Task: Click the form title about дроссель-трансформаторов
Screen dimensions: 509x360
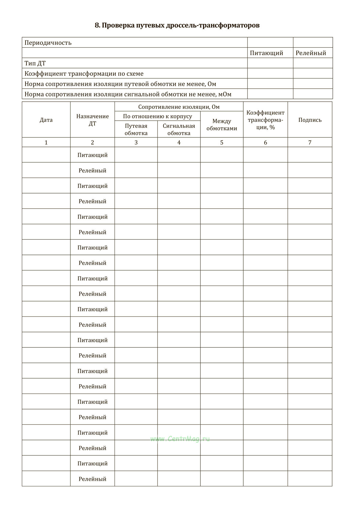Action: click(177, 25)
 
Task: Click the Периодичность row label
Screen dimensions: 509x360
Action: click(48, 43)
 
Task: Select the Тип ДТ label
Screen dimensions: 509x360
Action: click(35, 63)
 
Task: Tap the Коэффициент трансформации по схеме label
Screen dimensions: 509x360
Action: click(84, 73)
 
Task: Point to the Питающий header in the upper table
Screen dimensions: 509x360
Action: click(266, 53)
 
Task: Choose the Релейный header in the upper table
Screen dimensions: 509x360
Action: click(311, 53)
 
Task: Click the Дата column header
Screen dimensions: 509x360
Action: click(46, 120)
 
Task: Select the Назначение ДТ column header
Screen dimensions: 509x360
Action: click(92, 120)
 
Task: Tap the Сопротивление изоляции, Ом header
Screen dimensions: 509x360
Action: click(179, 107)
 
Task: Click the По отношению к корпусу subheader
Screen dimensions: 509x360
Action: click(157, 116)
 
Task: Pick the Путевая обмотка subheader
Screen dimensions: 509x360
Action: click(136, 129)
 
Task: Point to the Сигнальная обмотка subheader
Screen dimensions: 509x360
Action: click(179, 129)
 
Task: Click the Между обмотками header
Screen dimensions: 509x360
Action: click(222, 125)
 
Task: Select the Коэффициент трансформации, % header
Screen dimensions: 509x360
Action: click(265, 120)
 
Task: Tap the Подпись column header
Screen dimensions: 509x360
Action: click(310, 120)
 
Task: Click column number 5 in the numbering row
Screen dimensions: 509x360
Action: click(222, 142)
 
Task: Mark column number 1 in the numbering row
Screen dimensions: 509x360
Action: click(46, 142)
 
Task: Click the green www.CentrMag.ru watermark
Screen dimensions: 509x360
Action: click(180, 439)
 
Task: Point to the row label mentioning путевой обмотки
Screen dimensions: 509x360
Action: click(120, 84)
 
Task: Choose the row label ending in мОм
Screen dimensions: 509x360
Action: click(128, 94)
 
